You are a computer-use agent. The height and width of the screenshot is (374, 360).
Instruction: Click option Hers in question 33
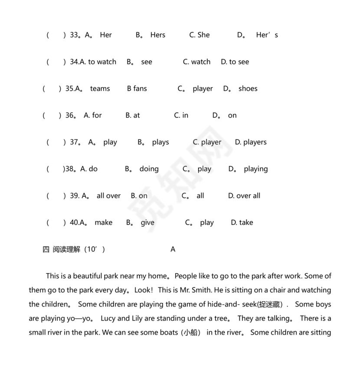pos(157,35)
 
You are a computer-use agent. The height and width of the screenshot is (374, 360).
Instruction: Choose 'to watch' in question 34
pos(102,62)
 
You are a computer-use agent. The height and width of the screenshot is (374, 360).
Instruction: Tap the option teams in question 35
pos(100,89)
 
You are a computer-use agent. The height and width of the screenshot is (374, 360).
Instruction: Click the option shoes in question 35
pos(248,89)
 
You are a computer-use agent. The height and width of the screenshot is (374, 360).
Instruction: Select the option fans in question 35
pos(140,89)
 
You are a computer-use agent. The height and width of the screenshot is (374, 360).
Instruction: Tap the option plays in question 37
pos(160,142)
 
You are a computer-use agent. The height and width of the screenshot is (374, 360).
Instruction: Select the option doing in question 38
pos(149,169)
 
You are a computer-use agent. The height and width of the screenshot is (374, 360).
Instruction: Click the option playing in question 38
pos(255,169)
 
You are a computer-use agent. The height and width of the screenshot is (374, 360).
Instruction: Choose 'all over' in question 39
pos(108,196)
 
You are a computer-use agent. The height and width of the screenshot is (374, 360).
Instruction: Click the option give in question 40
pos(147,223)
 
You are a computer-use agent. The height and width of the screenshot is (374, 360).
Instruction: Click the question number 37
pos(74,142)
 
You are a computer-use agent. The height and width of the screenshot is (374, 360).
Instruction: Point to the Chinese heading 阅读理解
pos(66,249)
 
